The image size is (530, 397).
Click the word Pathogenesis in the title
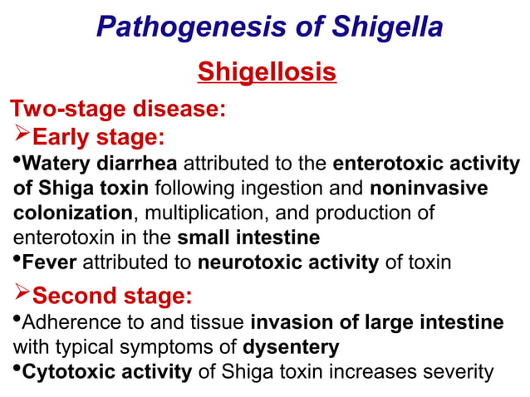point(178,27)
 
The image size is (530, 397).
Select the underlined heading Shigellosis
point(267,72)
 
